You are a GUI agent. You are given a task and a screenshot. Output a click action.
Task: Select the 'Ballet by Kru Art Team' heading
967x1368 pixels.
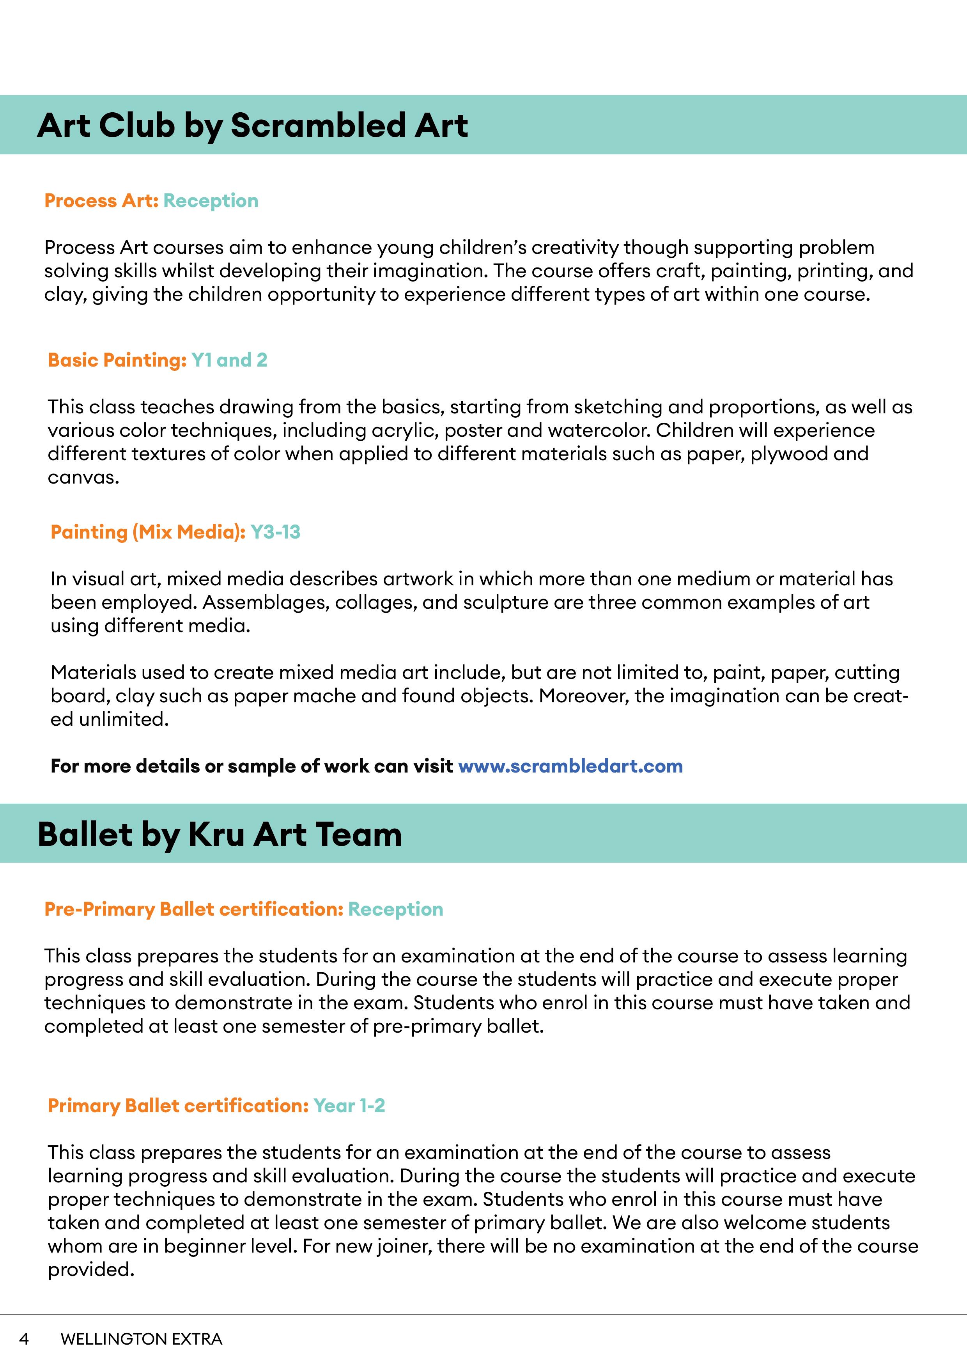point(219,834)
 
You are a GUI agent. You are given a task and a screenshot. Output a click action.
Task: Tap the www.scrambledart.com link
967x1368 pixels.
point(570,766)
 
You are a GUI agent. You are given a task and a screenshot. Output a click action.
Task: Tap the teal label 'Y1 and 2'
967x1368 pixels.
point(229,360)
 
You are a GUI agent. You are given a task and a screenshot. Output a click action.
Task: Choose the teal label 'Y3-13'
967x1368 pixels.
point(275,532)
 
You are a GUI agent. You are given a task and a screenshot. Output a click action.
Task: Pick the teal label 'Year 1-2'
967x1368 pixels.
point(349,1106)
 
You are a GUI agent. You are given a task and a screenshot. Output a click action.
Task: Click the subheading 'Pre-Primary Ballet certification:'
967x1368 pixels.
point(194,909)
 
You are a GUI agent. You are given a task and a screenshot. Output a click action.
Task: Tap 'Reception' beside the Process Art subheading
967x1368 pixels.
point(211,201)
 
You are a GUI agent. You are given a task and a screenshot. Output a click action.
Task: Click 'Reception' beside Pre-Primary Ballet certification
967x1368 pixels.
point(396,909)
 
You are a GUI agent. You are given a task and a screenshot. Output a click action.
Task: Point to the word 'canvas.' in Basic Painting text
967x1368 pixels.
point(83,477)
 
